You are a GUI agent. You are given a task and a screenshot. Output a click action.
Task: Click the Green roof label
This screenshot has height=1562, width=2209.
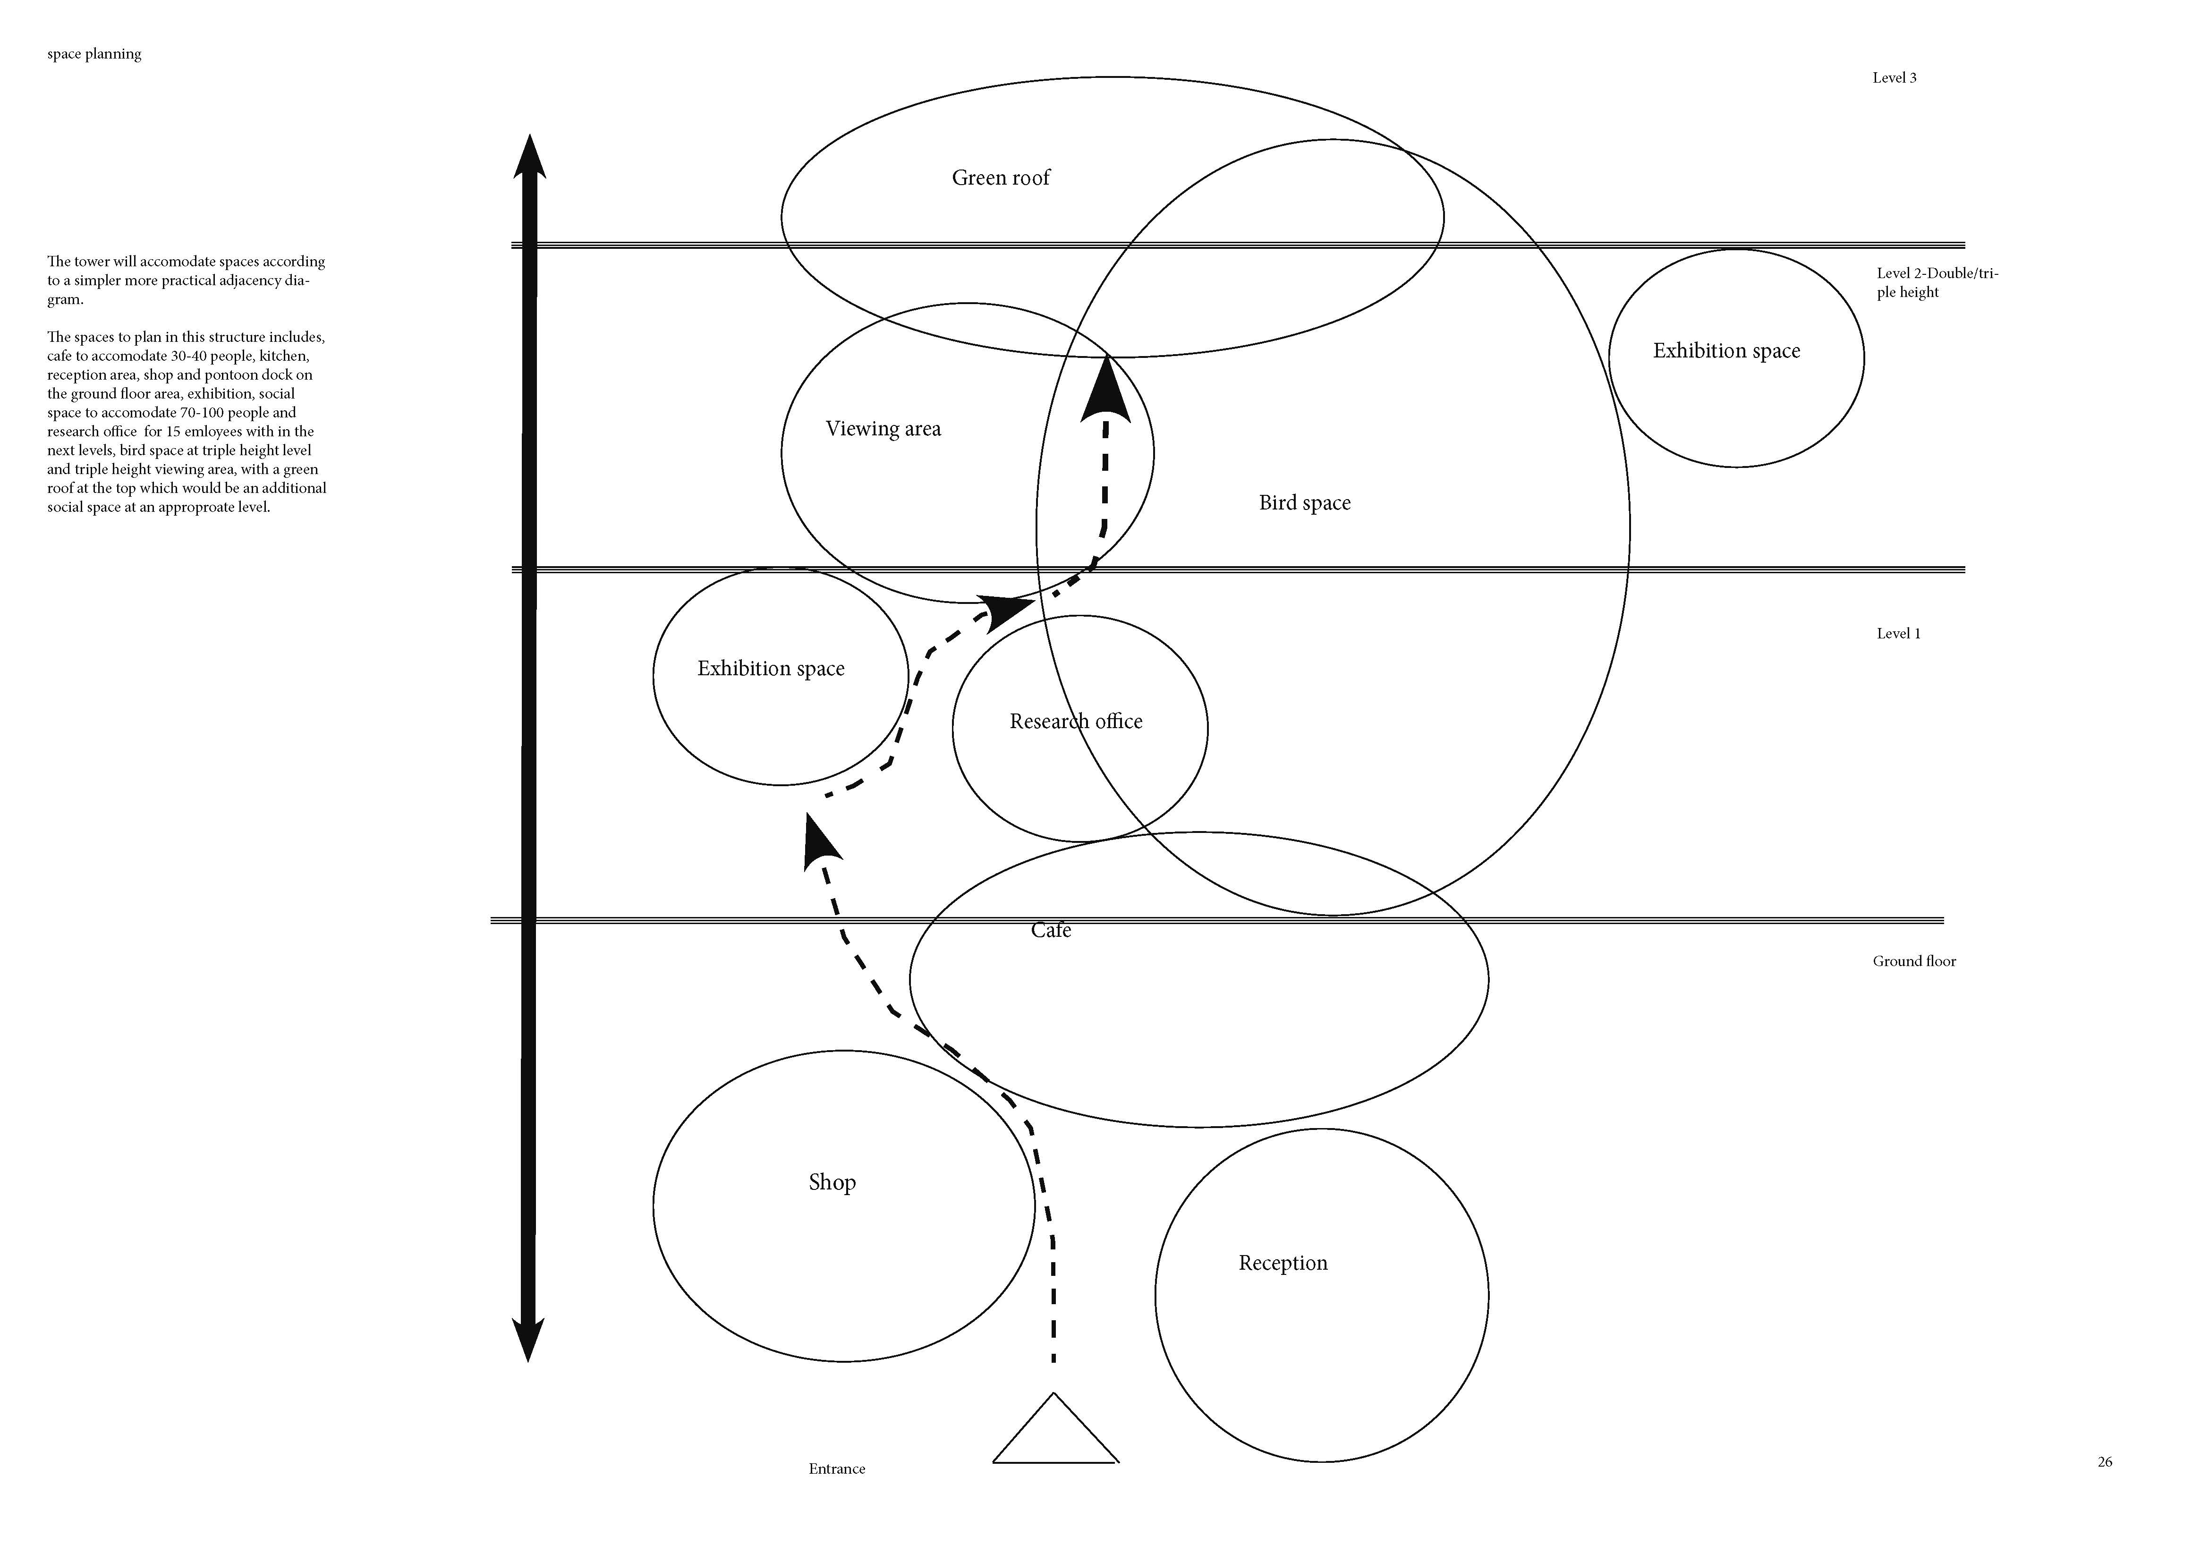pyautogui.click(x=1001, y=178)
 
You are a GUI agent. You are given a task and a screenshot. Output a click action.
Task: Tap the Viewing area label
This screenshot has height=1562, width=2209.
pyautogui.click(x=883, y=429)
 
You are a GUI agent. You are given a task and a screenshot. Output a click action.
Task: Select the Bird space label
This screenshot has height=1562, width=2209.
pyautogui.click(x=1305, y=503)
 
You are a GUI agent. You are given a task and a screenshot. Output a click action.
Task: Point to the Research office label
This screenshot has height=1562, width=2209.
pyautogui.click(x=1076, y=722)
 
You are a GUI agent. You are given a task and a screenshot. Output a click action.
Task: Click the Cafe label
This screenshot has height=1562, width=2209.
pyautogui.click(x=1051, y=930)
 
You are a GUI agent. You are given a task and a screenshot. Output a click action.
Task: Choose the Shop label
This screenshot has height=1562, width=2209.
pyautogui.click(x=832, y=1182)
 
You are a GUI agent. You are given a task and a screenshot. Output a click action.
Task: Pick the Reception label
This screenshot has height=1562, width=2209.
pyautogui.click(x=1283, y=1263)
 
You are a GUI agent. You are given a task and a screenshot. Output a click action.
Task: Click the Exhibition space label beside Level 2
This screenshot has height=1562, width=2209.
pyautogui.click(x=1726, y=351)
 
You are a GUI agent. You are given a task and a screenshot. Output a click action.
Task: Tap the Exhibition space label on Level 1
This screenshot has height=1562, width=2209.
pyautogui.click(x=771, y=669)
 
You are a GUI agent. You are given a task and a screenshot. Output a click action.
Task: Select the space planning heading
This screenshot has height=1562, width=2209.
pyautogui.click(x=94, y=54)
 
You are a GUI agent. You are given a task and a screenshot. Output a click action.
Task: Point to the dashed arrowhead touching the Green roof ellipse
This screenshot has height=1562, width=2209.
pyautogui.click(x=1105, y=390)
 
